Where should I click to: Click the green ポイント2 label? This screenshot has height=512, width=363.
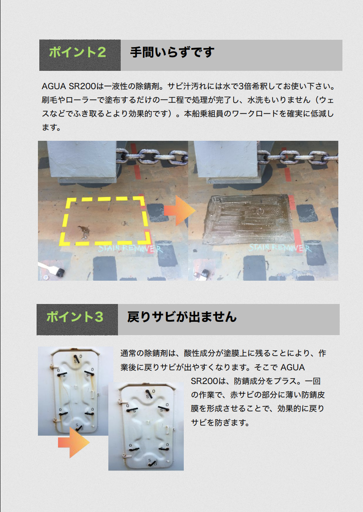click(x=77, y=53)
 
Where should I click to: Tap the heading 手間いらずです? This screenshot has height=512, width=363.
click(x=172, y=53)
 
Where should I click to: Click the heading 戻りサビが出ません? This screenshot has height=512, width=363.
click(x=182, y=316)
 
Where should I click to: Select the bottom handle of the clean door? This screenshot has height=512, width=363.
click(x=150, y=463)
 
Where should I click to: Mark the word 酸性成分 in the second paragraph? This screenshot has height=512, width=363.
click(x=200, y=353)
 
